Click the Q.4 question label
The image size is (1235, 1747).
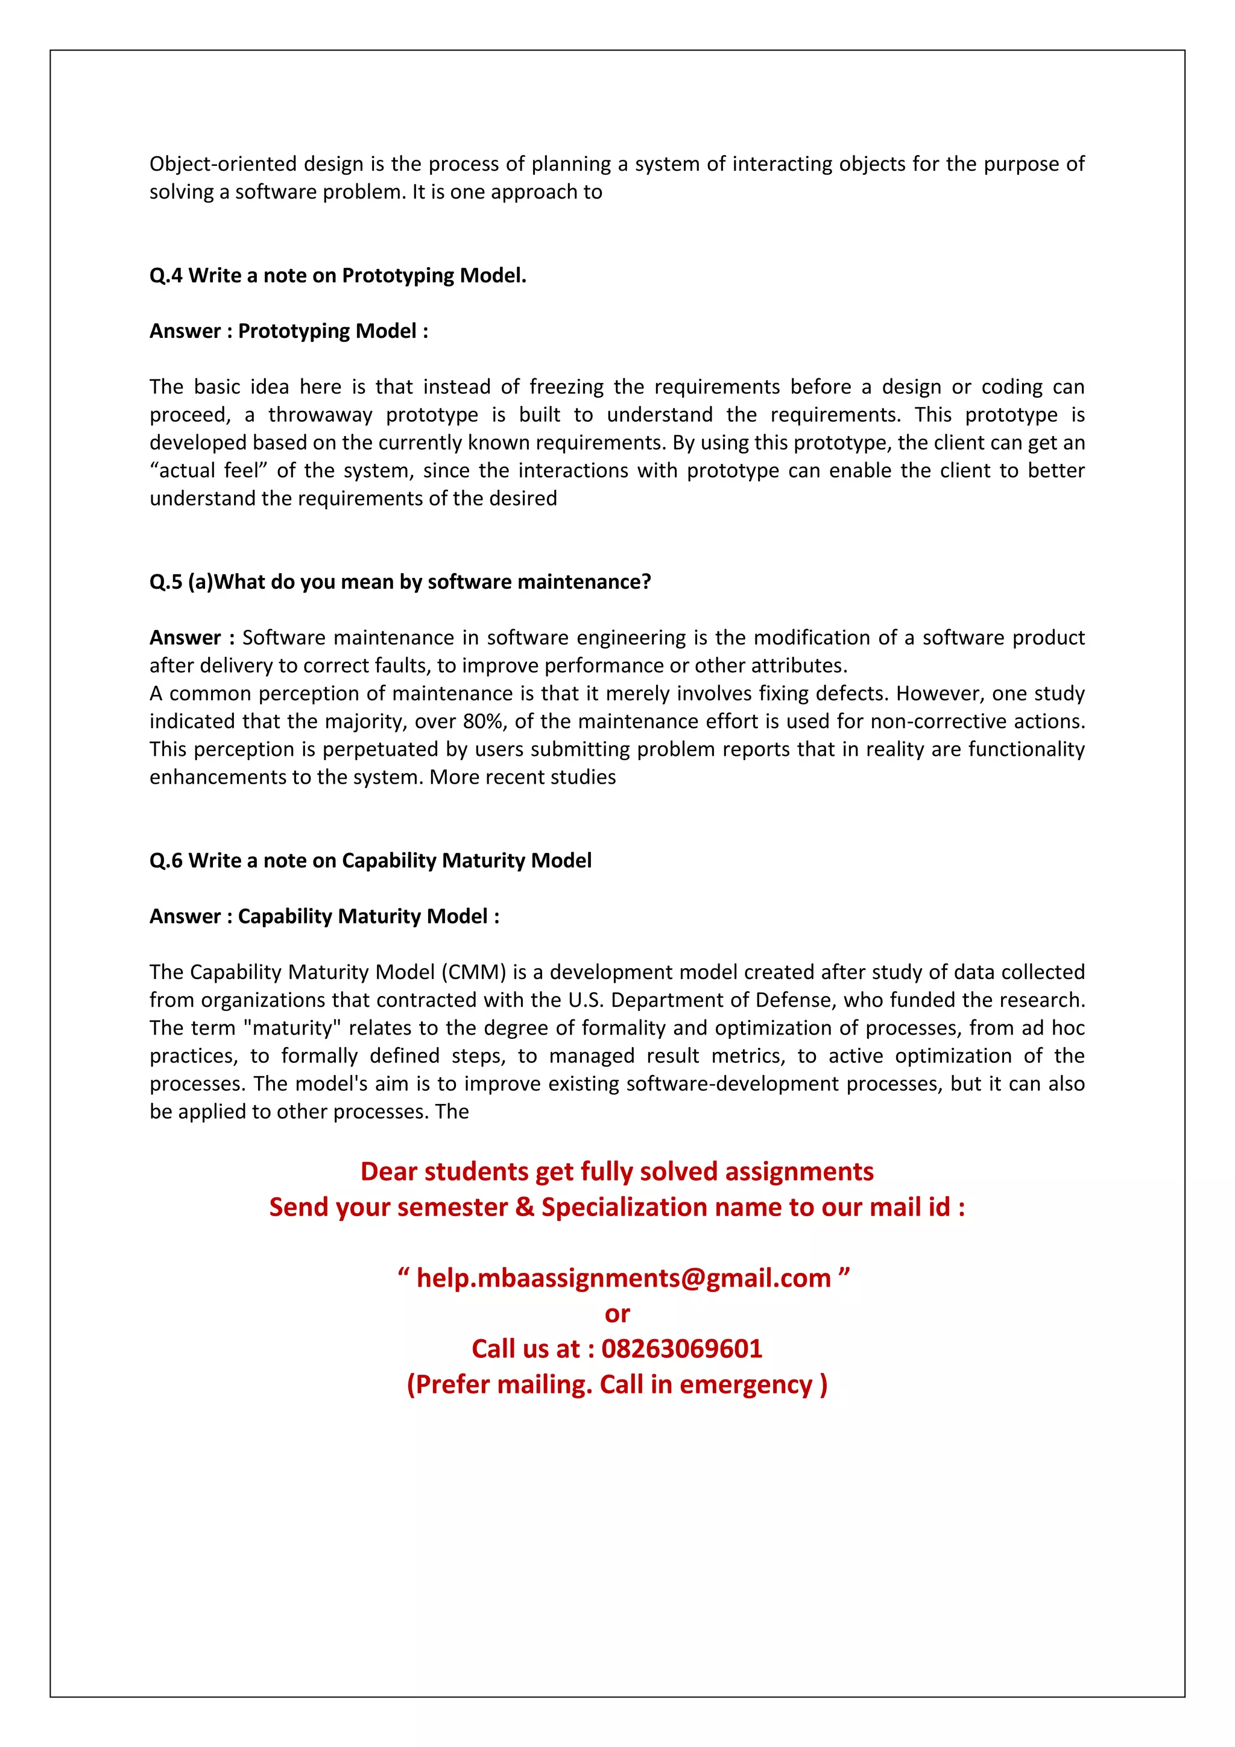(x=166, y=276)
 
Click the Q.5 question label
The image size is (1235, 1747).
(x=166, y=582)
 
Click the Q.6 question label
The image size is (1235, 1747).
(x=166, y=861)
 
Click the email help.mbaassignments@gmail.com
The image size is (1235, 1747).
(x=624, y=1278)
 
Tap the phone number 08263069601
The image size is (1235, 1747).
(x=681, y=1348)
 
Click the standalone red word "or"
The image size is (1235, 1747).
(x=617, y=1313)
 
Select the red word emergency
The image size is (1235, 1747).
(x=746, y=1384)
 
